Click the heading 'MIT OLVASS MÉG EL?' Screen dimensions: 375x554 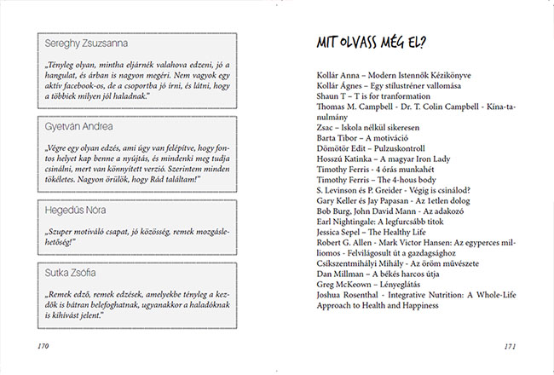point(372,43)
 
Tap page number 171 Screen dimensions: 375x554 point(511,347)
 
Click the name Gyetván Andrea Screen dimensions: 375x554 point(80,126)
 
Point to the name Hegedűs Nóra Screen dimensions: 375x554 point(77,209)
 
